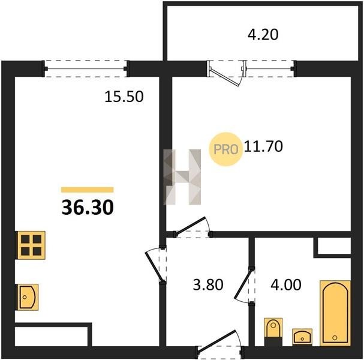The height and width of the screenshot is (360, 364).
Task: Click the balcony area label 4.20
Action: pyautogui.click(x=263, y=35)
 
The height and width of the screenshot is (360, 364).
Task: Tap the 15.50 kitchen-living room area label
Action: pyautogui.click(x=124, y=97)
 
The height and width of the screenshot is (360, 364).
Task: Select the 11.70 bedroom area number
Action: pyautogui.click(x=263, y=146)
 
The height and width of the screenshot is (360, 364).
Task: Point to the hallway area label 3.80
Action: pyautogui.click(x=208, y=284)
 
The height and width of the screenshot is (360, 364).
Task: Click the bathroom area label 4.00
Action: pyautogui.click(x=286, y=284)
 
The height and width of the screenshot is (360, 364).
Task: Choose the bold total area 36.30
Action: pyautogui.click(x=88, y=208)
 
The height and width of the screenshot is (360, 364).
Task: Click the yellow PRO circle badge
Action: pyautogui.click(x=226, y=149)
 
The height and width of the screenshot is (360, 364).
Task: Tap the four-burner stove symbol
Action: pyautogui.click(x=31, y=245)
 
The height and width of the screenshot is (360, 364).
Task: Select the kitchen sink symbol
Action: pyautogui.click(x=27, y=297)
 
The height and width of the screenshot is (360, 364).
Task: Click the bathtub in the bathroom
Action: pyautogui.click(x=335, y=313)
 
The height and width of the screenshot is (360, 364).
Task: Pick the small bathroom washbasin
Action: pyautogui.click(x=302, y=337)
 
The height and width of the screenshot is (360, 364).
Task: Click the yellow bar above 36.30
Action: pyautogui.click(x=88, y=190)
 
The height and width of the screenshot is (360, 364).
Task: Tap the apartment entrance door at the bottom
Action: pyautogui.click(x=217, y=342)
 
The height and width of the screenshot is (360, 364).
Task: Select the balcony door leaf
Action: pyautogui.click(x=225, y=77)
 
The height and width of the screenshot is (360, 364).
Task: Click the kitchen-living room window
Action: pyautogui.click(x=86, y=69)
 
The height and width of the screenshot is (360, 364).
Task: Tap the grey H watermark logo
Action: pyautogui.click(x=182, y=177)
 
